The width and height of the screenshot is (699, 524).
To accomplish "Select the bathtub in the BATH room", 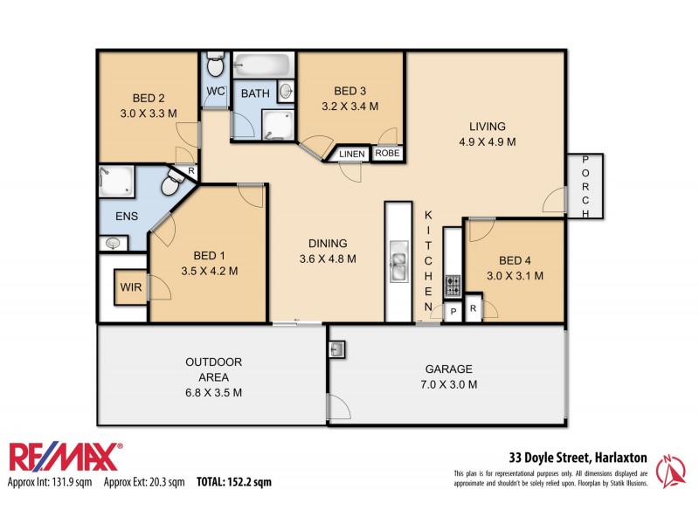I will (x=261, y=65).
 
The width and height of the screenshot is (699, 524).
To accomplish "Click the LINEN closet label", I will (x=352, y=155).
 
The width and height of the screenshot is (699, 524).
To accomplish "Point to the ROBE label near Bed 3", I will (x=387, y=154).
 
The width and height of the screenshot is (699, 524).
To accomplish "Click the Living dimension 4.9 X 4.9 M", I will (x=487, y=141).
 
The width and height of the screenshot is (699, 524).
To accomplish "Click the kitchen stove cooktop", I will (x=453, y=285).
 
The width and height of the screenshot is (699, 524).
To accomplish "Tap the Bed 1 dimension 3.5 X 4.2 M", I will (x=209, y=271).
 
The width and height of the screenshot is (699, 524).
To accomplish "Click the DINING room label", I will (x=328, y=244).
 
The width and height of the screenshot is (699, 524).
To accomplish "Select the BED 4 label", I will (x=515, y=260).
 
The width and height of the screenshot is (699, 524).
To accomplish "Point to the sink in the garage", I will (x=340, y=349).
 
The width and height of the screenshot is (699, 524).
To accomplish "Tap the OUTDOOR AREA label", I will (x=213, y=369).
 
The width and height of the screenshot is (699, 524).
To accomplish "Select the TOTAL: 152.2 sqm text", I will (x=233, y=481).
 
